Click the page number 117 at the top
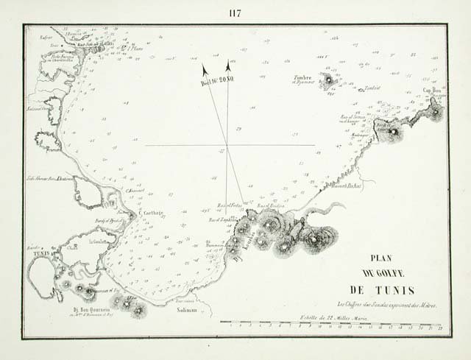click(x=235, y=12)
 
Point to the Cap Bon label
click(x=431, y=93)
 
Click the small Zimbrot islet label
click(x=372, y=88)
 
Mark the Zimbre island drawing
click(x=326, y=78)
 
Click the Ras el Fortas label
click(x=230, y=204)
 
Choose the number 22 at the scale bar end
click(x=439, y=326)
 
